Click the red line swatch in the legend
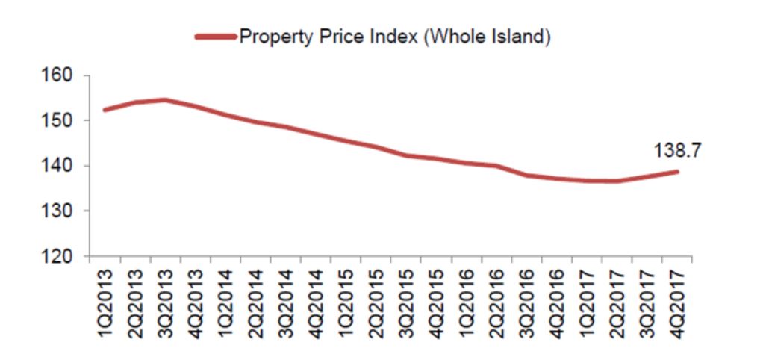(x=214, y=36)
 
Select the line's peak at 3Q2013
(x=164, y=99)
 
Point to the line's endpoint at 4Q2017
(x=676, y=172)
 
